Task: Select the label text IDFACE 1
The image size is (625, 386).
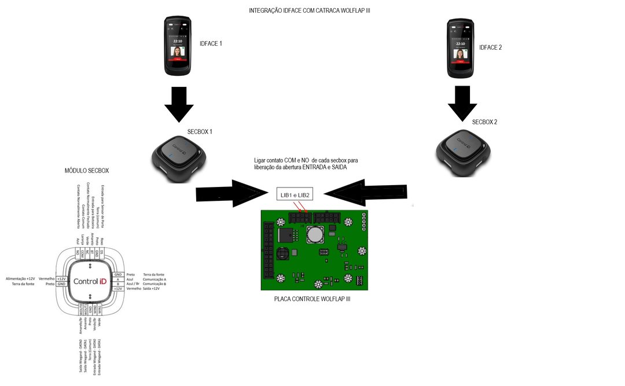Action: coord(211,43)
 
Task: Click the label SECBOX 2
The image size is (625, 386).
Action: coord(484,122)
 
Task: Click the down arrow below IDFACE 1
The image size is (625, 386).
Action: coord(179,104)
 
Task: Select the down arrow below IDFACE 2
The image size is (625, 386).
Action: coord(462,102)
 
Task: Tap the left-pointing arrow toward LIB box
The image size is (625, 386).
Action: coord(365,192)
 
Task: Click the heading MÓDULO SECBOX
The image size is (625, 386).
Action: coord(87,171)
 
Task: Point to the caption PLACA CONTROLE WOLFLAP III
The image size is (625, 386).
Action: coord(312,299)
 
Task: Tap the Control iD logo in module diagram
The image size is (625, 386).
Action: coord(90,281)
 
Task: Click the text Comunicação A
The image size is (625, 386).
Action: coord(155,279)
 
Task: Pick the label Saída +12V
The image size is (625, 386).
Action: coord(152,288)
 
